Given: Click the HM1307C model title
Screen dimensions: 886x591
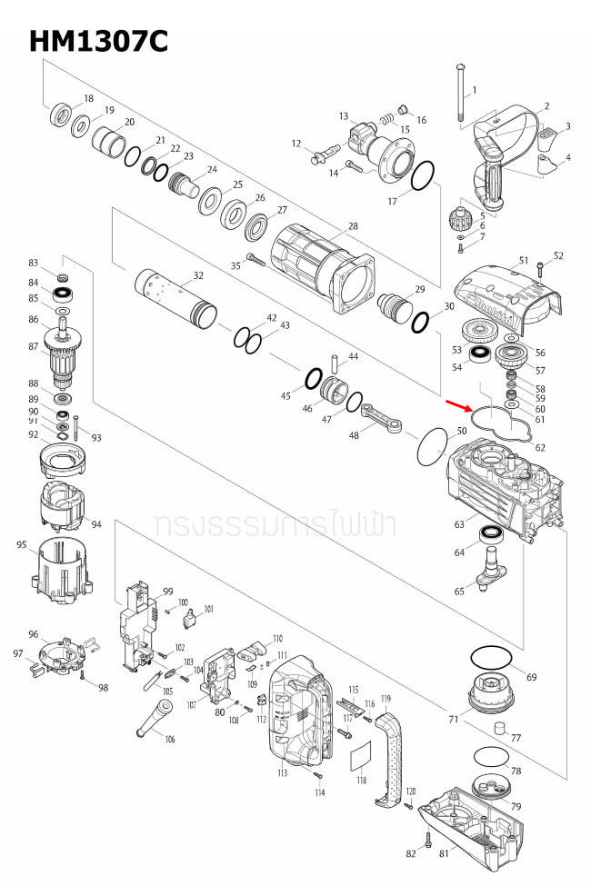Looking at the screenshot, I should pyautogui.click(x=98, y=41).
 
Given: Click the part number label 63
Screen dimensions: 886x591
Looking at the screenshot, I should pyautogui.click(x=460, y=524).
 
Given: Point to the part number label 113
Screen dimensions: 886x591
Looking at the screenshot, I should pyautogui.click(x=283, y=773).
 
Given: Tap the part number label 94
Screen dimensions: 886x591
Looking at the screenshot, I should pyautogui.click(x=96, y=524).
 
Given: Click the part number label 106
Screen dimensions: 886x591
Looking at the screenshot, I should pyautogui.click(x=170, y=739).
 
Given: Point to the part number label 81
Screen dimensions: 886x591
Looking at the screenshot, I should pyautogui.click(x=445, y=853).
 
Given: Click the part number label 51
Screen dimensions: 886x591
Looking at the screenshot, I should pyautogui.click(x=524, y=261).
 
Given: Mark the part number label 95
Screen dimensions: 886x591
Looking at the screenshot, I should pyautogui.click(x=22, y=544).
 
